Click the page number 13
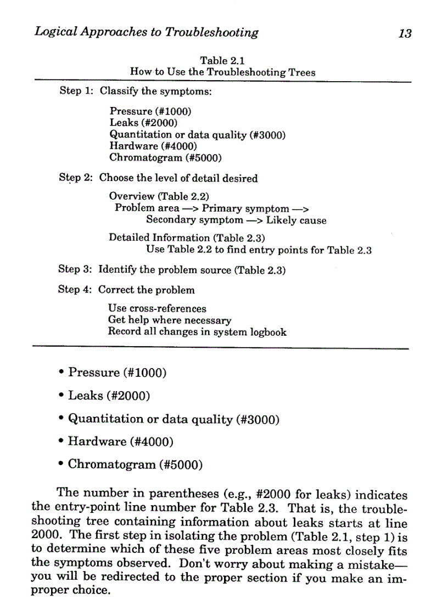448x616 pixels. pos(405,33)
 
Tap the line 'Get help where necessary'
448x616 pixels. pos(170,320)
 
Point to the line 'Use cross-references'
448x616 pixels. pos(157,308)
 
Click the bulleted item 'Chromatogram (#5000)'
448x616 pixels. pos(135,465)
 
